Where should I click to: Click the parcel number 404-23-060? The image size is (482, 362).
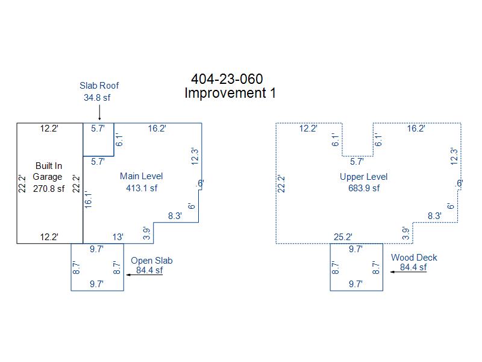click(x=227, y=79)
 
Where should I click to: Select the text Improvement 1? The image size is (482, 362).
click(x=230, y=93)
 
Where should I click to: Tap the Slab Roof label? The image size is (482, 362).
click(x=99, y=86)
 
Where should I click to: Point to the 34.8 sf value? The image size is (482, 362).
click(x=97, y=98)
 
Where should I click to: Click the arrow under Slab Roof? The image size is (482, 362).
click(x=99, y=112)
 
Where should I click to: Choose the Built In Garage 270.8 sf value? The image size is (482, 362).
click(x=49, y=189)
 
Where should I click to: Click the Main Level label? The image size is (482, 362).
click(x=142, y=176)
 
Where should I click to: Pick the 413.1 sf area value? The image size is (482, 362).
click(x=142, y=188)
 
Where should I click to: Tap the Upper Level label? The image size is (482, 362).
click(x=364, y=177)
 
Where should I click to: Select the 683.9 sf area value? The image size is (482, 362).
click(x=364, y=188)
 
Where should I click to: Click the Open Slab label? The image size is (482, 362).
click(x=152, y=261)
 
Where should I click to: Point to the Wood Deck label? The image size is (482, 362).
click(x=414, y=258)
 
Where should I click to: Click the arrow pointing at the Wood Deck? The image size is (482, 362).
click(x=408, y=272)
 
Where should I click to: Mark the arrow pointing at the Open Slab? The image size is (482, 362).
click(x=145, y=275)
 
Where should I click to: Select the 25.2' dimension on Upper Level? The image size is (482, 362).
click(x=343, y=237)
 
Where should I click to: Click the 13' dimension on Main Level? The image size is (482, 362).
click(x=117, y=237)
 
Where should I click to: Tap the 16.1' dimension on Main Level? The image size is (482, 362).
click(x=88, y=200)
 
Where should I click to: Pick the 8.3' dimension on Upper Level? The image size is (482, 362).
click(x=434, y=216)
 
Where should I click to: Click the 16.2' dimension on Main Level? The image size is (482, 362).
click(x=157, y=129)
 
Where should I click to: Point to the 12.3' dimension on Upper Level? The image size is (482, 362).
click(x=454, y=156)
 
